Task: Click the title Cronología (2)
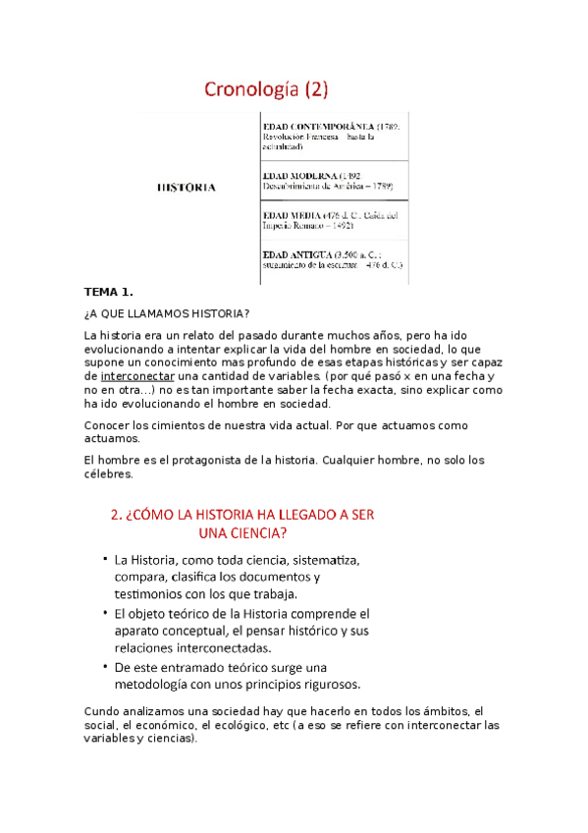click(266, 90)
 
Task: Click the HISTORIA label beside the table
click(187, 186)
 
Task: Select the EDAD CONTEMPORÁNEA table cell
click(333, 137)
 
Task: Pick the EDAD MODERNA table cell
click(333, 181)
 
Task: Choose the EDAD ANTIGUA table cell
click(333, 260)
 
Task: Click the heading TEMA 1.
click(107, 294)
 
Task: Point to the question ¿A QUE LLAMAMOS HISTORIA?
click(167, 314)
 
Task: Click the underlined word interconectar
click(137, 376)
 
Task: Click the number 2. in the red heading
click(115, 515)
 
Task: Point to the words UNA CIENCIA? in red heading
click(242, 534)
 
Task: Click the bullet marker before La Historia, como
click(104, 559)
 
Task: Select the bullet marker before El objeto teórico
click(104, 612)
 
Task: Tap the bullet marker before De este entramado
click(104, 665)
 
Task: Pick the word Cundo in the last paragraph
click(101, 711)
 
